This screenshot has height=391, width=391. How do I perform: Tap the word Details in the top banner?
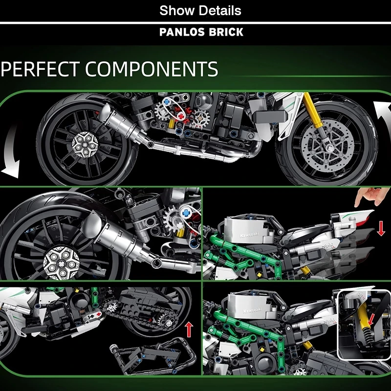tap(220, 10)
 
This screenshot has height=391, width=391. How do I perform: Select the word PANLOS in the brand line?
tap(182, 32)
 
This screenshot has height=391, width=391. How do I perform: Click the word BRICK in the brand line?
tap(226, 32)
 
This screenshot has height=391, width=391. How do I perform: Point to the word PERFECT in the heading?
tap(40, 69)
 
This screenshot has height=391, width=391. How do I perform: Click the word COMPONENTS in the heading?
tap(152, 69)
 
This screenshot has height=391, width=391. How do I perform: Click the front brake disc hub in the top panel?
tap(327, 148)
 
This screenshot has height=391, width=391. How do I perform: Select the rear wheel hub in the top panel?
tap(85, 145)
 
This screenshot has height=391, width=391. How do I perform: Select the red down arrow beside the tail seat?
tap(381, 229)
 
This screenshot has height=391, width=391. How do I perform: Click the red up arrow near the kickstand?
tap(189, 329)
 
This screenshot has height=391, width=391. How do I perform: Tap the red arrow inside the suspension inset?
tap(372, 320)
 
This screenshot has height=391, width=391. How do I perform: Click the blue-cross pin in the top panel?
tap(167, 102)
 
